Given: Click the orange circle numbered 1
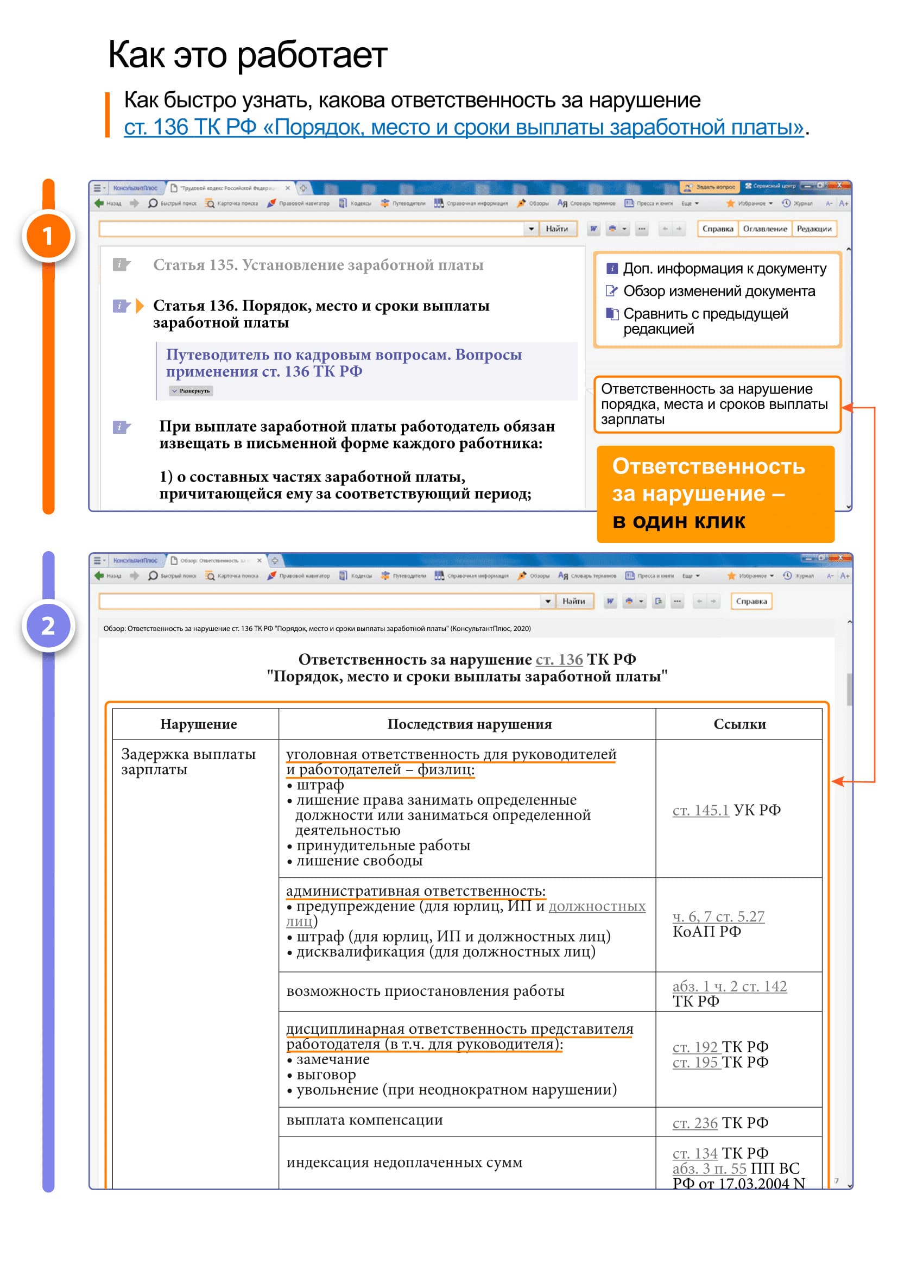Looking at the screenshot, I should (48, 236).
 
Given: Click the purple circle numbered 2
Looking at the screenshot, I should (48, 625).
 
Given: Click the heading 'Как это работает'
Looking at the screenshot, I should (247, 55).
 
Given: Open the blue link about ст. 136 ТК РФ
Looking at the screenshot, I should (463, 127).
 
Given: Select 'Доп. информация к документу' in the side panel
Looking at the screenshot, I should (724, 269).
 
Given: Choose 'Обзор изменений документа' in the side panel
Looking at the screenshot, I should (719, 292).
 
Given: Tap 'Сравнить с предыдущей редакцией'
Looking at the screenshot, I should (706, 321).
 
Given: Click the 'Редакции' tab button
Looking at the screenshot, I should (813, 229).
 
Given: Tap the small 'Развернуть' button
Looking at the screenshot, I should (191, 391).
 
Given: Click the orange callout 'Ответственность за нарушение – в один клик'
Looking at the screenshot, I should (715, 494).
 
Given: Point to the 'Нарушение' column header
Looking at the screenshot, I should (199, 724).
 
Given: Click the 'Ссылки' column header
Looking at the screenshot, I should (739, 724).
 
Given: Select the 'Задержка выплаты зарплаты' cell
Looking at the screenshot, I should (188, 762).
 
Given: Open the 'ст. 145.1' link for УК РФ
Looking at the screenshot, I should (700, 810).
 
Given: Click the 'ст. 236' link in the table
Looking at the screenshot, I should (694, 1123).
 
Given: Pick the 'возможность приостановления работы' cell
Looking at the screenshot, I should (425, 991).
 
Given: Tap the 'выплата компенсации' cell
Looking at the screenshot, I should (364, 1120).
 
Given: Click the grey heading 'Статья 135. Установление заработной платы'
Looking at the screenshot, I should (318, 265).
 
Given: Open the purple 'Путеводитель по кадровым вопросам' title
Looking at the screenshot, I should (343, 363).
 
